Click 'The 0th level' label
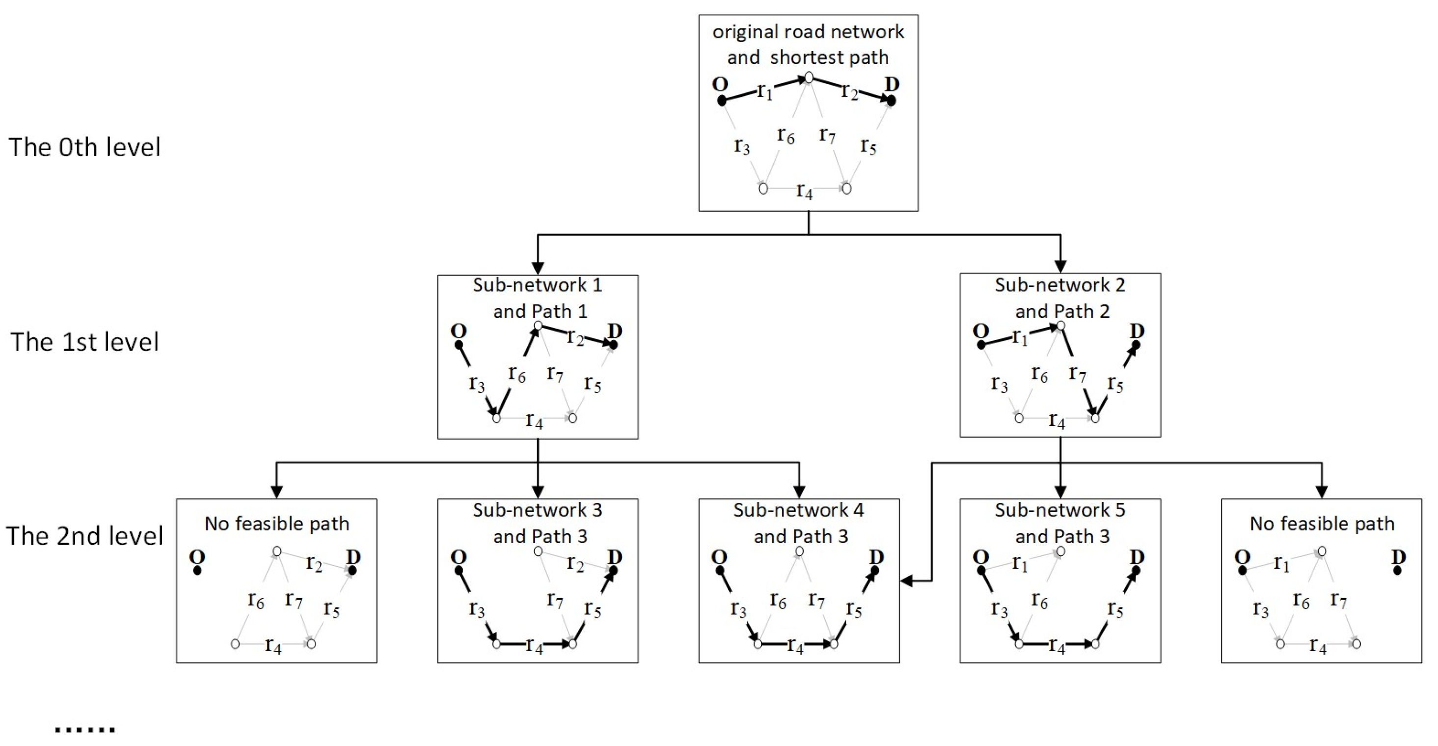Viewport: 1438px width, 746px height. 84,147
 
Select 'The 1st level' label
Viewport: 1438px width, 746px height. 84,342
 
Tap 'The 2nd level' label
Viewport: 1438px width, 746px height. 84,535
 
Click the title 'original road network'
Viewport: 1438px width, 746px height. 808,32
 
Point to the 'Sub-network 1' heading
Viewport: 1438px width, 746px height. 537,285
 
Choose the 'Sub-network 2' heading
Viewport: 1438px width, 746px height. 1059,285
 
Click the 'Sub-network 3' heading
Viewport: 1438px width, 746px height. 537,510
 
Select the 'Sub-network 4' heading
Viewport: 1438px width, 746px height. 798,510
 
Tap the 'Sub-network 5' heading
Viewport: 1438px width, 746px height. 1059,510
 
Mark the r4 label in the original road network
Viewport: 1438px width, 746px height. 804,191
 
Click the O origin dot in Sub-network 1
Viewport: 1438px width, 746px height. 459,345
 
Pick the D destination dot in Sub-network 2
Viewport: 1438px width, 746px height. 1136,345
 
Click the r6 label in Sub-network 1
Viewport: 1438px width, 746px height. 517,374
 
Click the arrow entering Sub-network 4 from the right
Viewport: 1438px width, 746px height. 907,581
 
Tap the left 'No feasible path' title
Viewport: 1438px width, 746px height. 276,524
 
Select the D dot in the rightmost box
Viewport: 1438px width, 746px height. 1397,571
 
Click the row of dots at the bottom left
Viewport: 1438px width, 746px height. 85,729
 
